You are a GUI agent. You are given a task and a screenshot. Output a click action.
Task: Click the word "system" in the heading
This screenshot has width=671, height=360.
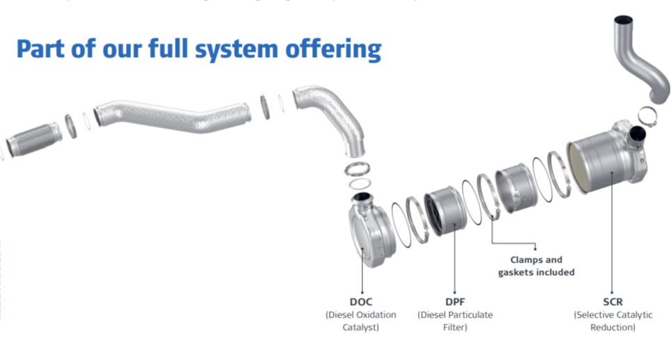click(224, 49)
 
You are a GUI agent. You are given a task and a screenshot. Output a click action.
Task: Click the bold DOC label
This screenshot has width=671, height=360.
click(361, 302)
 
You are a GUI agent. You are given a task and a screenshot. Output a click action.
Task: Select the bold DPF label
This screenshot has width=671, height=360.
click(455, 302)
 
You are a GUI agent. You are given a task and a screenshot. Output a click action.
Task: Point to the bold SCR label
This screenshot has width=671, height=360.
click(612, 302)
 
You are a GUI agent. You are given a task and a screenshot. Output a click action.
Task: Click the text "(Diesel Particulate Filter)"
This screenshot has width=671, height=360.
click(455, 321)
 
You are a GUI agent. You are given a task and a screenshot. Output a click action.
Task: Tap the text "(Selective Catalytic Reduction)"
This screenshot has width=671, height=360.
click(613, 321)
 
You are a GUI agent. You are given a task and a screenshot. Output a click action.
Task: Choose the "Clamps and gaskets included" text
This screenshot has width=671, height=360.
click(536, 266)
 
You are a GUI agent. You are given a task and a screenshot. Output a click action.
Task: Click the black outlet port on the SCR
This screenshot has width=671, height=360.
click(636, 135)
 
